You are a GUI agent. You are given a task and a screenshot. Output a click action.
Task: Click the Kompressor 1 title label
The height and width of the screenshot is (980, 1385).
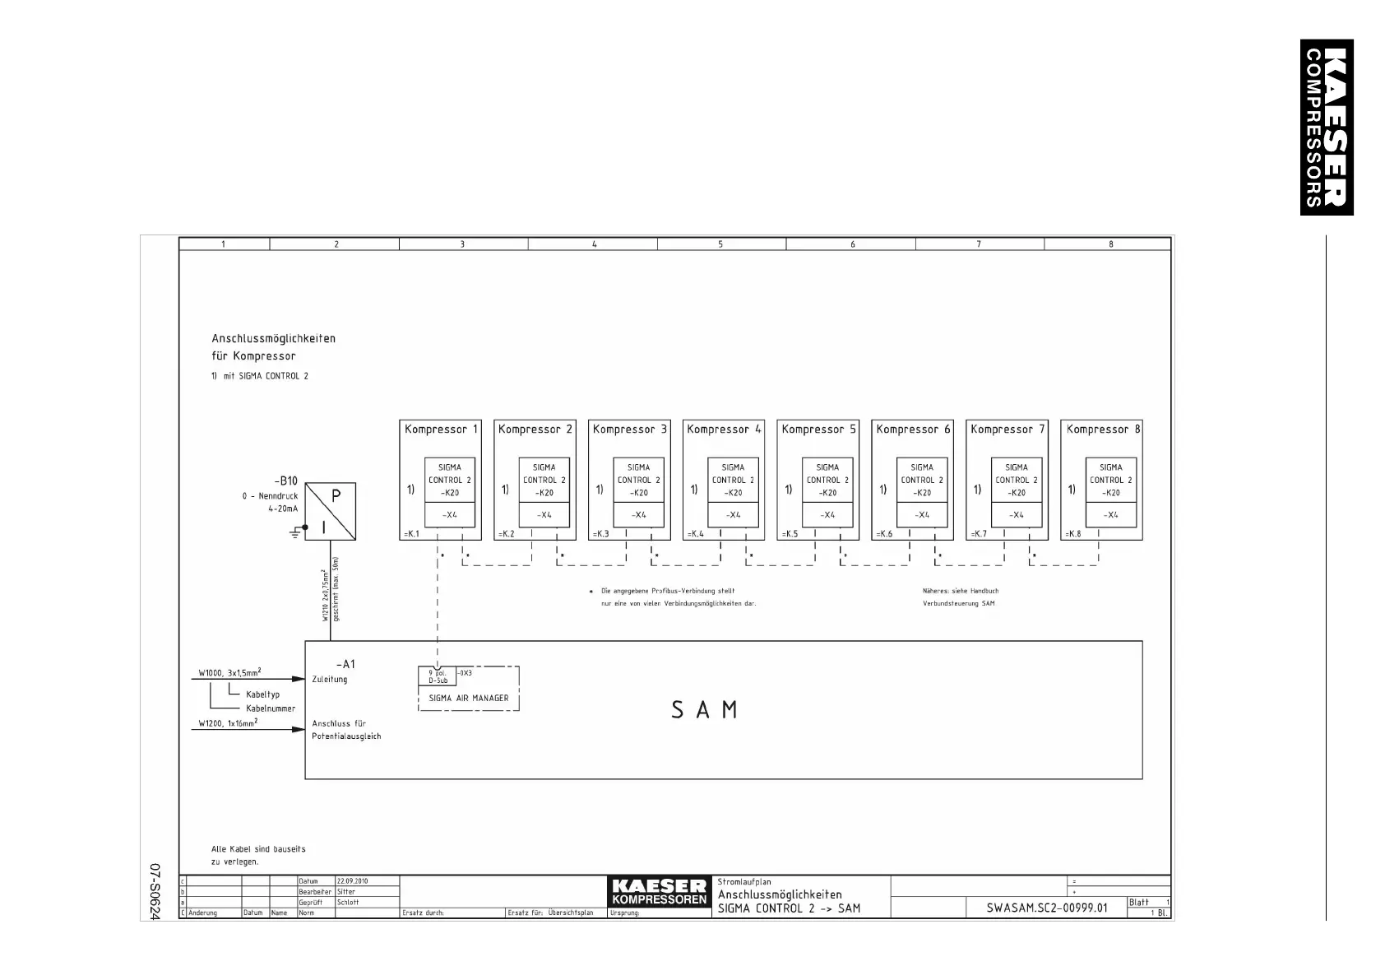click(x=441, y=430)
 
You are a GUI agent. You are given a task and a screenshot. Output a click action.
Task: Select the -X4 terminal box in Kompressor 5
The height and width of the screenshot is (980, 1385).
click(x=828, y=515)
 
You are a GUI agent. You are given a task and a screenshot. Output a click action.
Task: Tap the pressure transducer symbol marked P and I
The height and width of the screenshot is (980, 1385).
click(x=331, y=511)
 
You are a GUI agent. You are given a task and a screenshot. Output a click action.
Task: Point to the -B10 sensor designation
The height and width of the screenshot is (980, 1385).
click(x=286, y=481)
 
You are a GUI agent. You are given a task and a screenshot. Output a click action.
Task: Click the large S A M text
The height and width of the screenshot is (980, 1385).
click(x=704, y=710)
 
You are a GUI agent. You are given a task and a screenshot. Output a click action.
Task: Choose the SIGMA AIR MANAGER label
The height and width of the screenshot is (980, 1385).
click(x=469, y=699)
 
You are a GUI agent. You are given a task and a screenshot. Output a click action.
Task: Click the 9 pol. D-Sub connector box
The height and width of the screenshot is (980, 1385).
click(x=438, y=676)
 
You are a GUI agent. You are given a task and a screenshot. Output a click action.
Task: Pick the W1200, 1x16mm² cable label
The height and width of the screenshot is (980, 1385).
click(x=228, y=724)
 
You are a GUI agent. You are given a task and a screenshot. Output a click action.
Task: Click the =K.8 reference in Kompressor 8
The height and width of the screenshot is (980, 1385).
click(x=1073, y=534)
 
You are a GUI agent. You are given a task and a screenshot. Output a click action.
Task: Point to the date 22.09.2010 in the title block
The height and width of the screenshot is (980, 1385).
click(x=353, y=881)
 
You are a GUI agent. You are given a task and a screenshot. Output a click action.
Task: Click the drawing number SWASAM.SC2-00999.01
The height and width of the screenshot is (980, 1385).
click(x=1047, y=908)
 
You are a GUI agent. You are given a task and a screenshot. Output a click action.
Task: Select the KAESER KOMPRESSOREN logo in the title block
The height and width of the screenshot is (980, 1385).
click(x=660, y=892)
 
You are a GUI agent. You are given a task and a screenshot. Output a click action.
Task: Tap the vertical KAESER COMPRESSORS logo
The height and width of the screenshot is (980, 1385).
click(x=1326, y=128)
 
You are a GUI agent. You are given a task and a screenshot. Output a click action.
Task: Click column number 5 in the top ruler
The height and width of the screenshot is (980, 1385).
click(x=720, y=244)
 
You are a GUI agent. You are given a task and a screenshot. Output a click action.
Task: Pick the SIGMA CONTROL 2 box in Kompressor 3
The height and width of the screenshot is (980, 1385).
click(x=638, y=481)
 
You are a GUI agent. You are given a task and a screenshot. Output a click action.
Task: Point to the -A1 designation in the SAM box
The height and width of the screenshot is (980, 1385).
click(x=345, y=664)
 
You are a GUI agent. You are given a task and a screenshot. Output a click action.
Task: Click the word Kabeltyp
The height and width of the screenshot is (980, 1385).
click(x=263, y=694)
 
